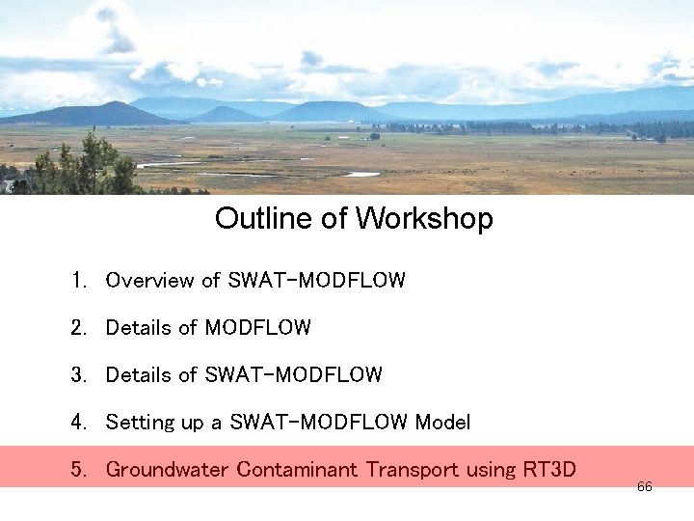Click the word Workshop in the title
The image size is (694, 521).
424,219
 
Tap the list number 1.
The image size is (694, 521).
77,281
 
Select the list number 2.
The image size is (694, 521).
77,328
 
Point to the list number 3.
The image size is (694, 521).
77,374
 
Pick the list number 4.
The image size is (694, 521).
77,422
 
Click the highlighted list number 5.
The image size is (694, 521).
77,470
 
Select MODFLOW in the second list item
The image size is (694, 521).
258,328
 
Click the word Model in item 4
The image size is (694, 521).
442,422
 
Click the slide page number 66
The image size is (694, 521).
645,487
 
